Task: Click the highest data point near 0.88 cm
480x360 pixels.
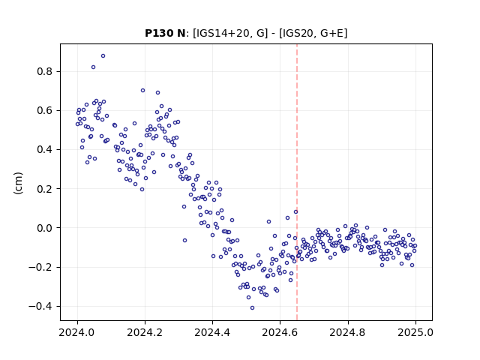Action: (x=103, y=56)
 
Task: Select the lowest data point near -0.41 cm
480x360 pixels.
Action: (x=252, y=308)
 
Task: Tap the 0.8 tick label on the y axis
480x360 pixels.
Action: (x=45, y=72)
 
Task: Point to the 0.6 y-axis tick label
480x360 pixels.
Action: (x=45, y=110)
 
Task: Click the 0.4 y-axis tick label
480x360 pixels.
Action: (x=45, y=150)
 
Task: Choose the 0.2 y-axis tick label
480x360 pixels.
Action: (x=45, y=189)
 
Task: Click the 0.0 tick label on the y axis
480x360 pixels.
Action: (x=45, y=228)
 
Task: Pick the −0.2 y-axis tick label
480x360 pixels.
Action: (x=40, y=267)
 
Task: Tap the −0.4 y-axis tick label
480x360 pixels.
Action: (x=40, y=307)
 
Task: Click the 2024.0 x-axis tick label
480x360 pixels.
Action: (x=77, y=332)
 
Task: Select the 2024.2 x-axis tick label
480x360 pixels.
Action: (x=145, y=332)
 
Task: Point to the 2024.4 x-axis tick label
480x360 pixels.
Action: (x=212, y=332)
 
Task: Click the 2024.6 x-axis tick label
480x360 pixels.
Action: (x=280, y=332)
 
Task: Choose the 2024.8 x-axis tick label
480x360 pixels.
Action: (x=348, y=332)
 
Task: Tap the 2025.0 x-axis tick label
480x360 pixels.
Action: (x=415, y=332)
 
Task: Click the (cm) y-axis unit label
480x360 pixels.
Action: (x=18, y=183)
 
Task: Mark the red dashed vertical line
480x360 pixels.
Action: (x=297, y=182)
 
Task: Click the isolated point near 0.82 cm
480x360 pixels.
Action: (x=93, y=67)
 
